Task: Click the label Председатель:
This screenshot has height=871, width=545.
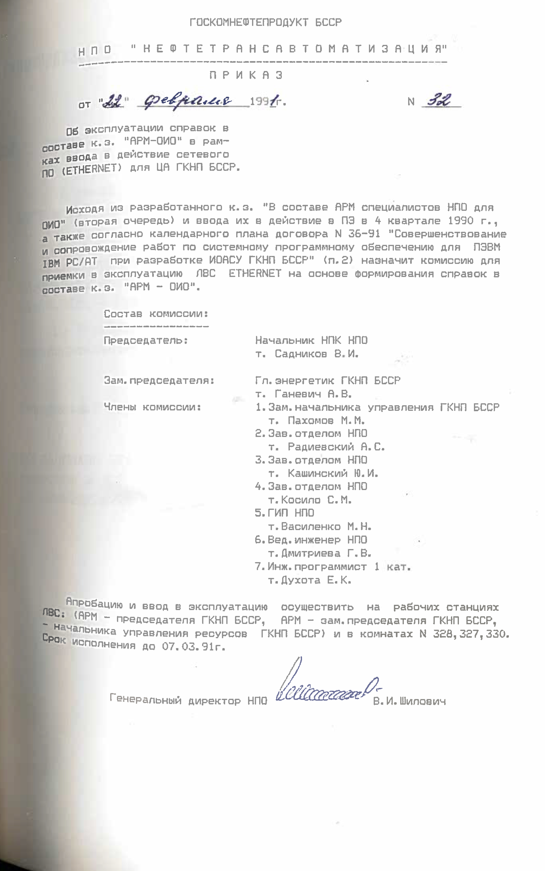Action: [146, 340]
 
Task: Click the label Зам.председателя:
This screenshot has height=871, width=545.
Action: [159, 380]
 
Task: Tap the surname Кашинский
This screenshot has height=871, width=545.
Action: [317, 473]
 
